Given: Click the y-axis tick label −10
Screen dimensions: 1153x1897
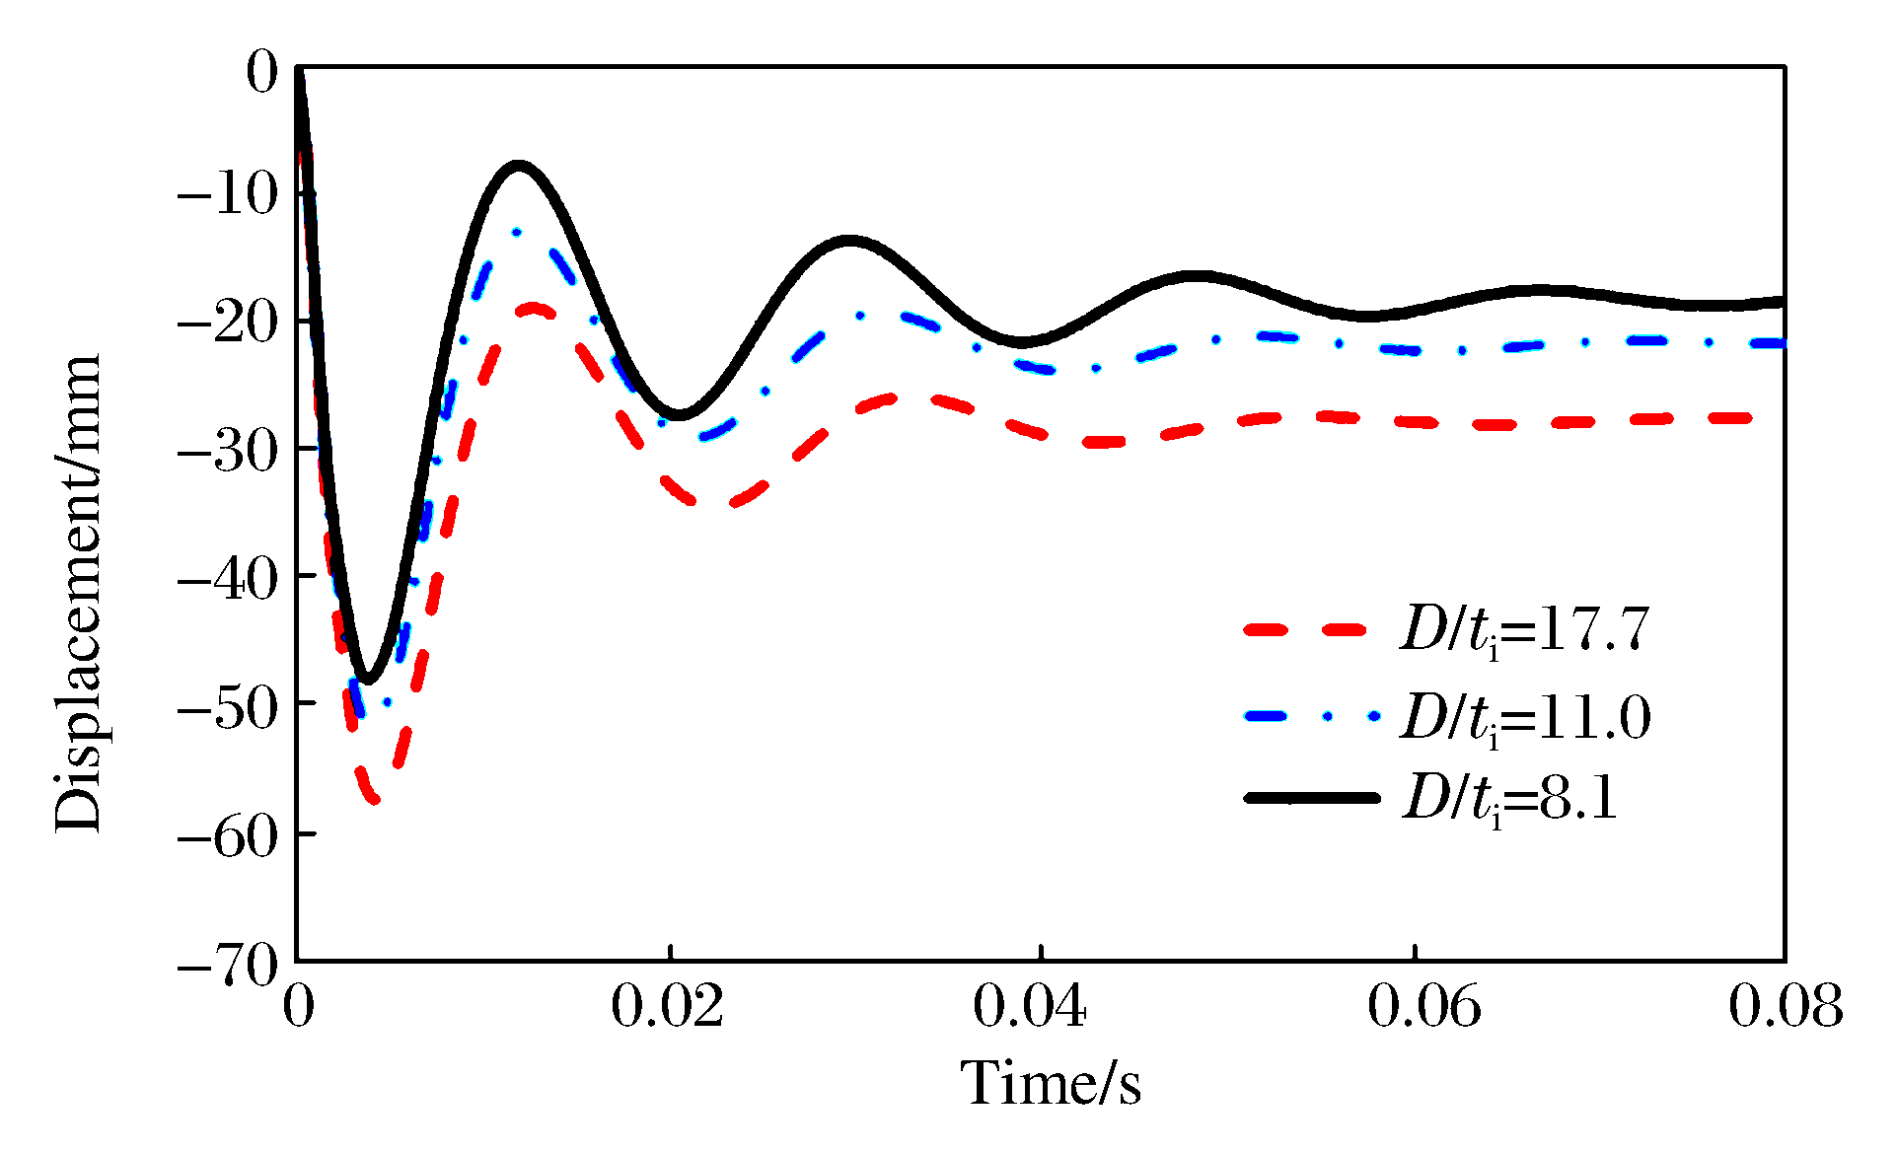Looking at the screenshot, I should (226, 193).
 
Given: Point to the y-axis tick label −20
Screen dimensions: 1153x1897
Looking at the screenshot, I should (226, 322).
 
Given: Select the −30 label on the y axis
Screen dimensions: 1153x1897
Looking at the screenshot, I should (226, 450).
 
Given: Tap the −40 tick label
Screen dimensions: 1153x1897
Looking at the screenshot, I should (226, 578).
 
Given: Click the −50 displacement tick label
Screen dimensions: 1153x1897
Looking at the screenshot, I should (226, 706).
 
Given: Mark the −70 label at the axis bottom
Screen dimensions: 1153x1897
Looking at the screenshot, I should (226, 964).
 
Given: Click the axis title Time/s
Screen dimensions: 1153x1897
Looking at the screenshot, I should (1051, 1083).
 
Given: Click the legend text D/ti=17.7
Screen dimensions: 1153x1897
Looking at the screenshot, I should (1524, 629).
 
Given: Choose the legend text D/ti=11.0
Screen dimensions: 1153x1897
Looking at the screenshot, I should (1524, 717).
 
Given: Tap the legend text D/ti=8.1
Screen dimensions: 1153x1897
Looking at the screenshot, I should (1509, 798).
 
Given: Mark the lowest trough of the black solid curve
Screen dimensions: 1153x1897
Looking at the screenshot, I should (367, 680).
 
